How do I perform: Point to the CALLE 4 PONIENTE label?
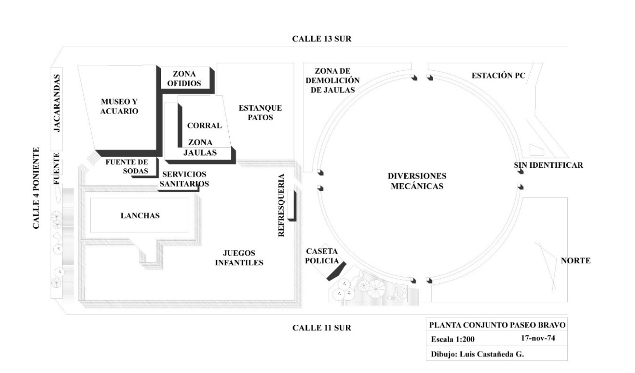coord(36,188)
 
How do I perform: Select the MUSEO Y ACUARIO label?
coord(120,107)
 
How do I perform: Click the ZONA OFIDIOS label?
coord(184,79)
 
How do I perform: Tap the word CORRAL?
coord(204,125)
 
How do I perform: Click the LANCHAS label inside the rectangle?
coord(140,216)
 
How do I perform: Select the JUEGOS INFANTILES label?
coord(242,258)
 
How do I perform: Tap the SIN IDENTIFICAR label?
coord(548,165)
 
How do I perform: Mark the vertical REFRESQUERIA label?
coord(281,206)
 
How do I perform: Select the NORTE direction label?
coord(575,261)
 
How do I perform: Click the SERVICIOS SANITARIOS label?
coord(184,179)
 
